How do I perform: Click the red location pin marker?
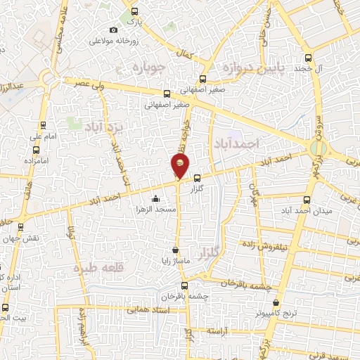pos(180,167)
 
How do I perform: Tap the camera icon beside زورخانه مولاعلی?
pos(113,30)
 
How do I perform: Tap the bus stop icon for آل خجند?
pos(308,58)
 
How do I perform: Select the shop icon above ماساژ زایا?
pos(175,250)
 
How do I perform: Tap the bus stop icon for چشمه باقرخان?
pos(185,285)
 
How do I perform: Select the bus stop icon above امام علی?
pos(44,126)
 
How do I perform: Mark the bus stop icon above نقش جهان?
pos(20,227)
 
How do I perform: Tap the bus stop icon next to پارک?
pos(135,12)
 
